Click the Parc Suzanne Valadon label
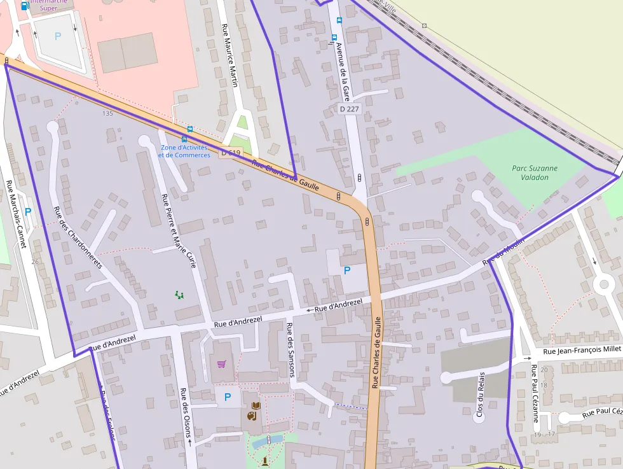[534, 172]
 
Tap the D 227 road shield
[349, 109]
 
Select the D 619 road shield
[231, 153]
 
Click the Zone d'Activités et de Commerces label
[184, 151]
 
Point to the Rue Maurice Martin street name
[229, 55]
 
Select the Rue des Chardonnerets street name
[78, 237]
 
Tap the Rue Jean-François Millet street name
[582, 350]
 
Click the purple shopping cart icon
[221, 364]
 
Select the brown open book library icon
[256, 405]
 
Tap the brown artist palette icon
[251, 416]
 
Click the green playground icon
[180, 295]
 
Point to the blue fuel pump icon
[25, 6]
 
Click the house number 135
[107, 113]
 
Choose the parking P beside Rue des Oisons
[227, 397]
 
